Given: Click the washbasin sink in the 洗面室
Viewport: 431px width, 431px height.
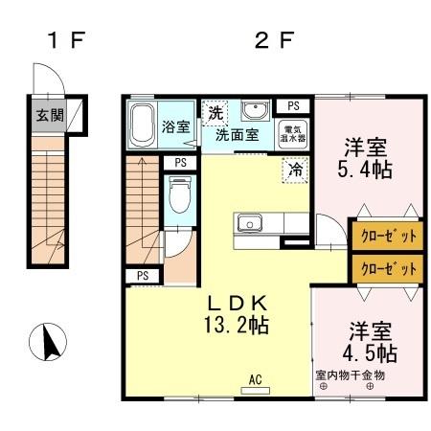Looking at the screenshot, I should (x=254, y=109).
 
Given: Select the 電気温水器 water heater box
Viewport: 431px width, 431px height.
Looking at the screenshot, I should (x=291, y=132).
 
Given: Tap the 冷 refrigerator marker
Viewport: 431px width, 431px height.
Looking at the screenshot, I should (x=295, y=170).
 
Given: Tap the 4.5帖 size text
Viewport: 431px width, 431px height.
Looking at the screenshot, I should (x=369, y=352).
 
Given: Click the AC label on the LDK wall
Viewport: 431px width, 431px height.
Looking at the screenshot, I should (x=256, y=378).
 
